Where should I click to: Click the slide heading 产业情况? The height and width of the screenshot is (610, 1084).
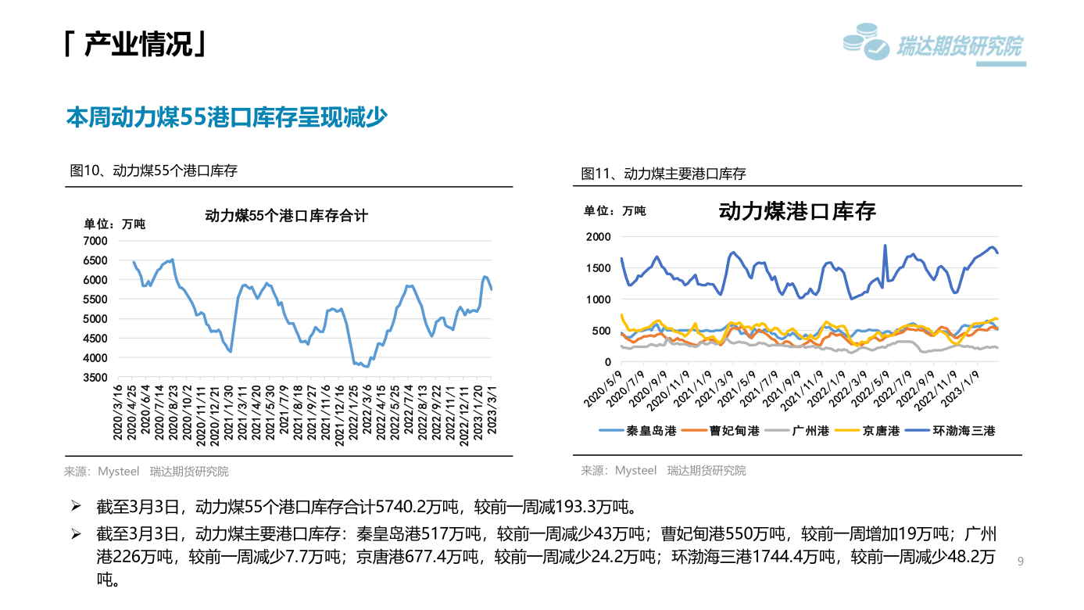click(137, 45)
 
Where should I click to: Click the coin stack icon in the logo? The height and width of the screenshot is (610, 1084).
click(866, 41)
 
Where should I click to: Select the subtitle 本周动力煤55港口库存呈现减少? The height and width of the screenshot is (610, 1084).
click(227, 117)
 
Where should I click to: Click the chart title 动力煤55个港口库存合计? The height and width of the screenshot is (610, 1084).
click(286, 215)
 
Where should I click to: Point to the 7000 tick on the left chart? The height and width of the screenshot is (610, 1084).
click(97, 241)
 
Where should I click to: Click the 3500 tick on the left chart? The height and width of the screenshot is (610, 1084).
click(97, 378)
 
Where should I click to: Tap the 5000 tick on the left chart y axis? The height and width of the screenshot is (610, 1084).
click(97, 319)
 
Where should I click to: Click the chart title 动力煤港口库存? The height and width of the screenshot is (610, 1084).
click(797, 211)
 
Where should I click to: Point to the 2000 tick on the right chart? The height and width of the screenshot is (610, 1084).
click(598, 236)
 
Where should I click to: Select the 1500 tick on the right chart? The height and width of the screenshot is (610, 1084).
click(598, 268)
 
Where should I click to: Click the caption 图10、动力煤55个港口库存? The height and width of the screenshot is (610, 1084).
click(154, 170)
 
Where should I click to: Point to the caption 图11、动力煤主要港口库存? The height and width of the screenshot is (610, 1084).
click(664, 174)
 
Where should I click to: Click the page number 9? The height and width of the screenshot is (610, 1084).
click(1021, 562)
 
